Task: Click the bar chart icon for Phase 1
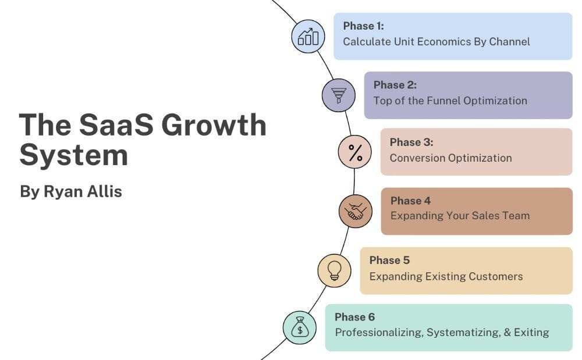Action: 308,37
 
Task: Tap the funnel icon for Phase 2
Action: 339,95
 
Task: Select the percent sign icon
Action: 355,152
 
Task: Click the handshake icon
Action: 356,211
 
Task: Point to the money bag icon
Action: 300,327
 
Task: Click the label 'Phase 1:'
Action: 363,26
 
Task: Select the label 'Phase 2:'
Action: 395,85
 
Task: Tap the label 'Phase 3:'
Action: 411,142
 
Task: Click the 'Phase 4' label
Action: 410,201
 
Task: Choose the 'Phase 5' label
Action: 389,260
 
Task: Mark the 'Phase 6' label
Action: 354,317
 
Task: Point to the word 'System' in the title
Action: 73,155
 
